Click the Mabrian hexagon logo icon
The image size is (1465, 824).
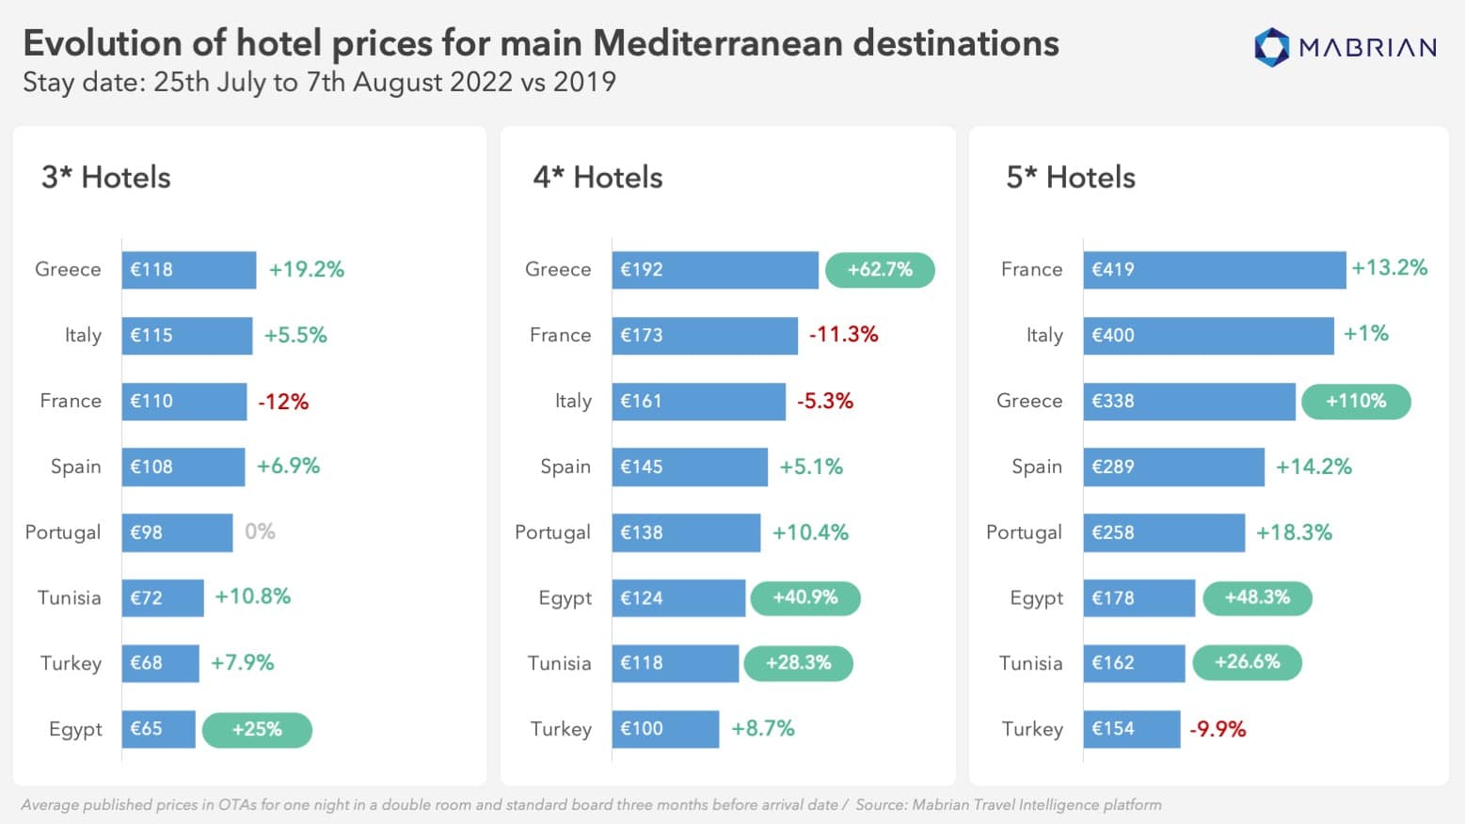[1271, 47]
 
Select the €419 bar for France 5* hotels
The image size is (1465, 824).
[1214, 270]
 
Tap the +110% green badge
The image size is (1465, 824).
[1355, 402]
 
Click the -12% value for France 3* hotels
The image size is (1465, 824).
[283, 402]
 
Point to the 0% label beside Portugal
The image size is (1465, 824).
[260, 531]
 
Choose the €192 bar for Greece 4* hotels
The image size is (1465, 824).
[714, 270]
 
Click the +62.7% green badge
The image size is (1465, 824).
[880, 270]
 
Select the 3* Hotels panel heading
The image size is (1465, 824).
[106, 178]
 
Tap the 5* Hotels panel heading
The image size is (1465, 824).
[1071, 178]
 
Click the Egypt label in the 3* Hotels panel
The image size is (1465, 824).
[75, 729]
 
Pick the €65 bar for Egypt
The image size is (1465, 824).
[158, 729]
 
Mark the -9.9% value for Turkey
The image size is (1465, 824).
[1218, 729]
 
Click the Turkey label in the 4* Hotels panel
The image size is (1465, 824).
[561, 729]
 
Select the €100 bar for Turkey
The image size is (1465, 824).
[665, 729]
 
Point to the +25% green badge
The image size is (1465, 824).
[257, 729]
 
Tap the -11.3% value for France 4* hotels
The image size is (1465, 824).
[843, 335]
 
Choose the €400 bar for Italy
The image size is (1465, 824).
[1208, 336]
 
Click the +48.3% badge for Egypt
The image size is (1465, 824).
[1257, 597]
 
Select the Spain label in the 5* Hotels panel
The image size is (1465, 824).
[1036, 467]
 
